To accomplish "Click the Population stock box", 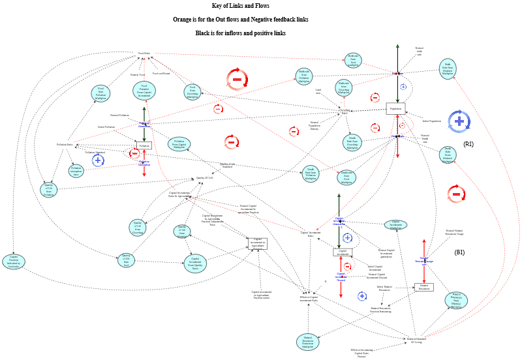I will coord(395,109).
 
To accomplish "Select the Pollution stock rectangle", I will coord(144,145).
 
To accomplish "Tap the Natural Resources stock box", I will coord(423,287).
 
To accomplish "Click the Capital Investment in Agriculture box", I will coord(257,243).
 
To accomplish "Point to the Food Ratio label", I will coord(144,53).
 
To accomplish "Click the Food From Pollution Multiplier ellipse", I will coord(100,93).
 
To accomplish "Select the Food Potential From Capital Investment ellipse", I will coord(144,91).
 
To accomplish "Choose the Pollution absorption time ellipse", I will coord(76,172).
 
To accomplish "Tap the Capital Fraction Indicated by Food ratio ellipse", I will coord(14,262).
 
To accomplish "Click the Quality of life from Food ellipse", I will coord(127,260).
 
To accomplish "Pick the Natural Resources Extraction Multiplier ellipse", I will coord(307,342).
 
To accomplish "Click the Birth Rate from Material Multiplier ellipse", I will coord(448,68).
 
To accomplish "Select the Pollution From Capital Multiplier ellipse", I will coord(179,145).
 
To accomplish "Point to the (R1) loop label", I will coord(468,143).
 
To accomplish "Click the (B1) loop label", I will coord(459,252).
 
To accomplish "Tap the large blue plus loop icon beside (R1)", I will coord(459,121).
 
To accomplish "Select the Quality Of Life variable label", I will coord(205,177).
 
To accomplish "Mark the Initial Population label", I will coord(431,121).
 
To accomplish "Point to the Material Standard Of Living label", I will coord(417,340).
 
